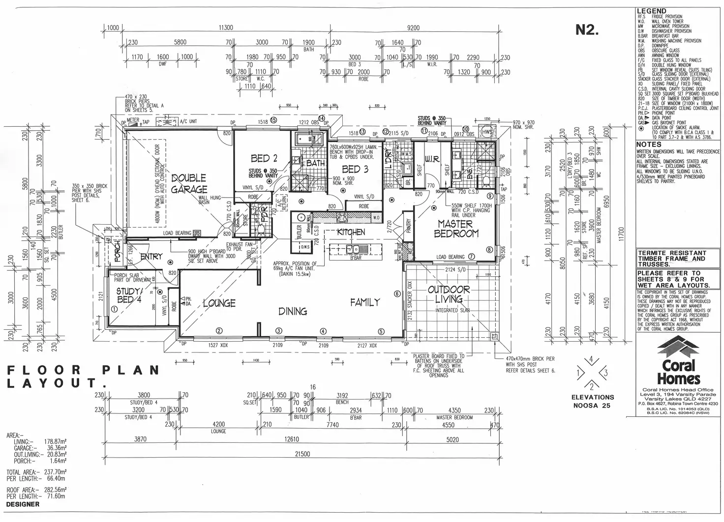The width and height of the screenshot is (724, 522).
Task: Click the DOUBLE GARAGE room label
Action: pos(189,184)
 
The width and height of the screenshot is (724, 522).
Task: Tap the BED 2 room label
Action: pos(264,158)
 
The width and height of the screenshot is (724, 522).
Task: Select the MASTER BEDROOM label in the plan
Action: pos(456,229)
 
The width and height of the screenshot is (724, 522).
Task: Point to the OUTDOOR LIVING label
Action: pos(449,294)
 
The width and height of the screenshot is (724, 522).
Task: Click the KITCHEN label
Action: pos(351,232)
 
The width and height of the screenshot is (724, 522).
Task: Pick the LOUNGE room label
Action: pos(219,303)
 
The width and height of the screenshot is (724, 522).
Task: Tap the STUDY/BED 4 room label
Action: pos(128,295)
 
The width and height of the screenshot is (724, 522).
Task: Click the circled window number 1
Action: pos(114,309)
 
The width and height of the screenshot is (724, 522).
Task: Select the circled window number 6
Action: pos(397,293)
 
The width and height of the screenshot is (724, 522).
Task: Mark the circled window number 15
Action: pos(273,119)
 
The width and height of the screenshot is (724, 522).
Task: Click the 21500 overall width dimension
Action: pos(302,454)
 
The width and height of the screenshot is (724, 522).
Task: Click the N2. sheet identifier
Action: pos(587,30)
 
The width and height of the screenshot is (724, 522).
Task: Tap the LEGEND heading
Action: pos(651,11)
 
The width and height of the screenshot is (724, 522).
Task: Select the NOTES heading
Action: pos(649,145)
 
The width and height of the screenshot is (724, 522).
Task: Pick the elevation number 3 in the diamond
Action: pos(605,373)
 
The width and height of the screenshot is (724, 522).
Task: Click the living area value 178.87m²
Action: pos(55,442)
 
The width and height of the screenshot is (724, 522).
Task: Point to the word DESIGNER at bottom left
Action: pos(23,504)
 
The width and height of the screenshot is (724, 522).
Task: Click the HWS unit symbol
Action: pos(487,132)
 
